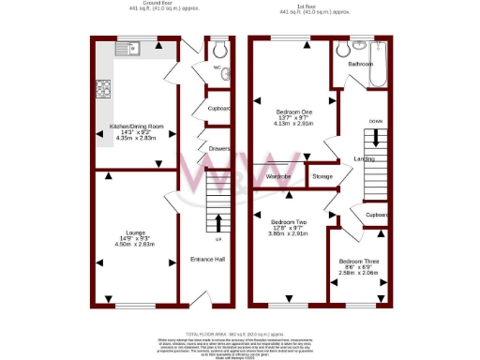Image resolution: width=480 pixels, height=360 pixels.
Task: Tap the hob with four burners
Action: coord(102,88)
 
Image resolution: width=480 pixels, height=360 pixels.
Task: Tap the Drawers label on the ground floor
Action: coord(218,147)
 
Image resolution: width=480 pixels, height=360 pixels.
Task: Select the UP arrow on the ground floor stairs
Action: coord(219,223)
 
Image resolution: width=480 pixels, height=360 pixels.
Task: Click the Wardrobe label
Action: coord(280,176)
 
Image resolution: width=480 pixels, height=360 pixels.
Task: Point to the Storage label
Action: coord(322,176)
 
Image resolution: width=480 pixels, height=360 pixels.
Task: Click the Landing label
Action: coord(352,158)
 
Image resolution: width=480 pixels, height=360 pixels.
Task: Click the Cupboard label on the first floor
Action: coord(377,215)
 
